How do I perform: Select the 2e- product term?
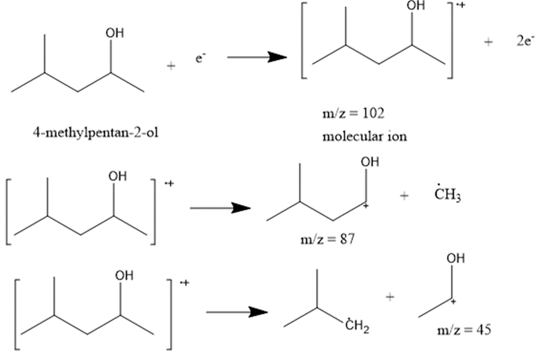click(524, 44)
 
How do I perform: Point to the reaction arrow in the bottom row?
click(237, 312)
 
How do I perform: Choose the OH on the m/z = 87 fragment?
click(369, 163)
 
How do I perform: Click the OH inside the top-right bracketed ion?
click(415, 6)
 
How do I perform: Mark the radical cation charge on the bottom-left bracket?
click(184, 283)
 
